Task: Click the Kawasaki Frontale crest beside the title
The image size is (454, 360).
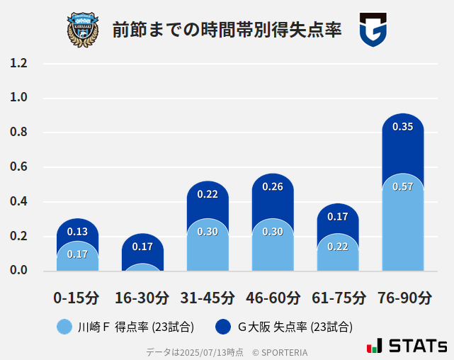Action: click(83, 30)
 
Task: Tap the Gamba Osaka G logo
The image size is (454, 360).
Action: click(373, 30)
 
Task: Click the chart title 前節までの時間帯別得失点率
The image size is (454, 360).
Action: click(227, 30)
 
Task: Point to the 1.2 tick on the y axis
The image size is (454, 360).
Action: click(18, 64)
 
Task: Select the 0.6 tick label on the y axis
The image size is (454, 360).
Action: click(18, 167)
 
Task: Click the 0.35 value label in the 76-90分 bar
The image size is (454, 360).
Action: click(402, 127)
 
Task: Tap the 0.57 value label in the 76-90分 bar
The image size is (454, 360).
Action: click(402, 186)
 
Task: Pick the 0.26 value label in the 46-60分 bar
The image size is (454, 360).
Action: click(273, 187)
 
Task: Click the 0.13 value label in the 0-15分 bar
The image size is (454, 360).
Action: click(77, 231)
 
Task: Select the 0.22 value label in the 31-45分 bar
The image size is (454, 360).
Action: click(208, 193)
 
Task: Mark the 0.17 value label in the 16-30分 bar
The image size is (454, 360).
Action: click(142, 247)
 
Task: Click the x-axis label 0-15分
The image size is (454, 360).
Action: click(76, 297)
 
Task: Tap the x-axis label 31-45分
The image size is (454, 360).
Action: click(208, 297)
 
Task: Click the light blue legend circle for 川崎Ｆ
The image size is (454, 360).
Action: click(64, 327)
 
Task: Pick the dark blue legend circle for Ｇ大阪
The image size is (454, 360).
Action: click(223, 327)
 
